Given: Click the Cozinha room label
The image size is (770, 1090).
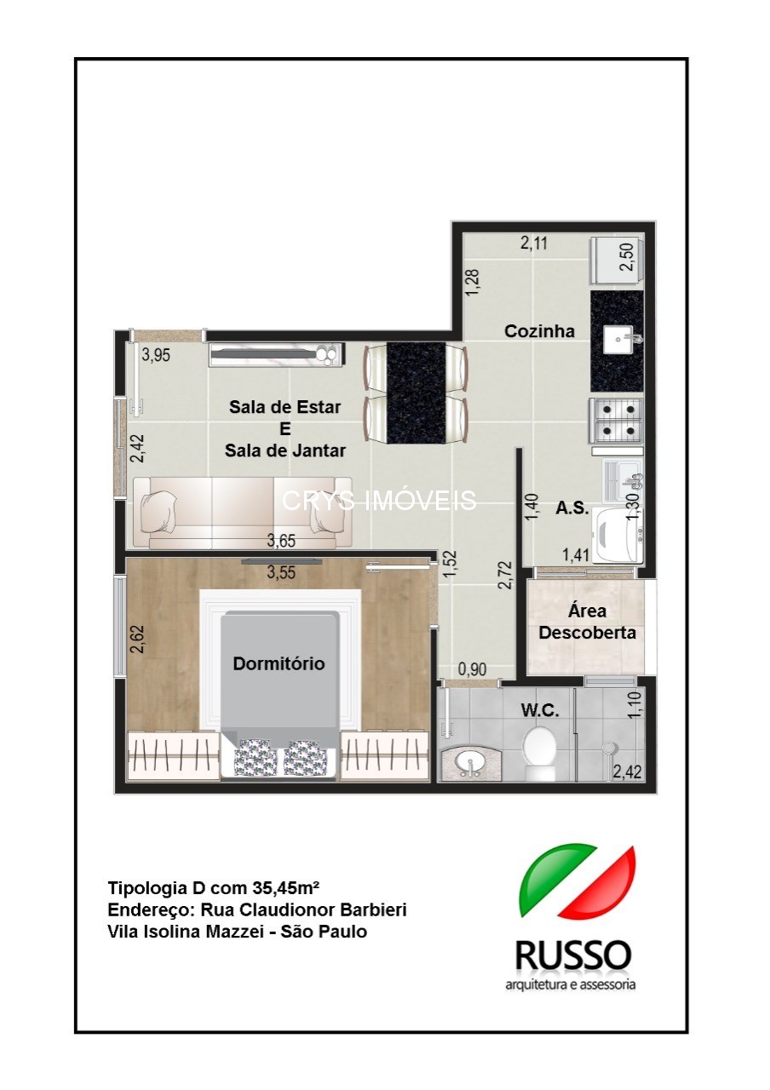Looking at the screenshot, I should (539, 332).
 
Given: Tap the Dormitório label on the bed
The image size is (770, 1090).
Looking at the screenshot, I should (279, 663).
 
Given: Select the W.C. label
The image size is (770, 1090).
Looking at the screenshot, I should (541, 711).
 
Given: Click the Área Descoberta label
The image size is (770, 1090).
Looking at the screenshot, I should (587, 622).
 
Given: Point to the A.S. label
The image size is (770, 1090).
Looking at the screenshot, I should (572, 508).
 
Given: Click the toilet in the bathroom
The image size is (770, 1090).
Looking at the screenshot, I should (539, 752).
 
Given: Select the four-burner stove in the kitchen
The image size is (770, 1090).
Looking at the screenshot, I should (615, 421).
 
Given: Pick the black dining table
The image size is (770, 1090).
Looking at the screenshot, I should (416, 393).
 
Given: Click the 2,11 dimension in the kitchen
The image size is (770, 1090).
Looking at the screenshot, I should (535, 244).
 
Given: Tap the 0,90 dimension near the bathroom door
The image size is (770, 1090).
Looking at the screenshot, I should (473, 670).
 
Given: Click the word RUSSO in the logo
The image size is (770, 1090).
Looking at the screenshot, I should (572, 955).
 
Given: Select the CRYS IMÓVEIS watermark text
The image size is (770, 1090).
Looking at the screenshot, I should (379, 501).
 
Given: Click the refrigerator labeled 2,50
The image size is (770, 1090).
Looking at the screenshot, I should (615, 259).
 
